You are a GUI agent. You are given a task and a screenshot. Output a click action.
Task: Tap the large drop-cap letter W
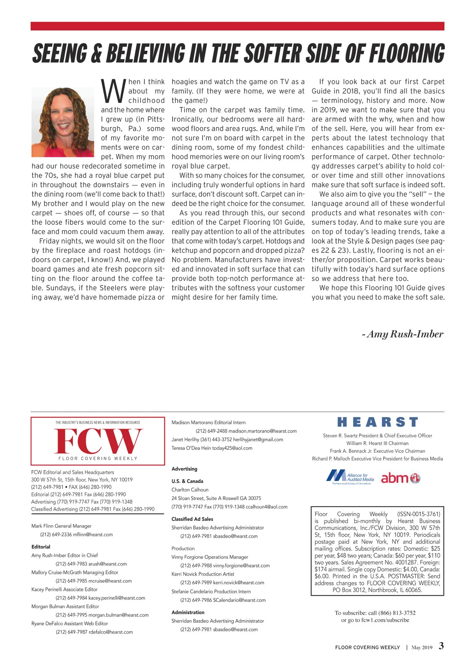click(113, 91)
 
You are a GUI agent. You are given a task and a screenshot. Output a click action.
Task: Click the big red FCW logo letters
click(98, 441)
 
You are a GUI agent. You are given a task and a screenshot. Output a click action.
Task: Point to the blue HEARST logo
click(378, 422)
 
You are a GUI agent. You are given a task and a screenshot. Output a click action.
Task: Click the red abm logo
click(400, 478)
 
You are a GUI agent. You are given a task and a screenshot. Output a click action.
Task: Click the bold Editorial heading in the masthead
click(41, 547)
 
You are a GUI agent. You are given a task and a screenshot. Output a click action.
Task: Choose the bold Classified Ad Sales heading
click(192, 519)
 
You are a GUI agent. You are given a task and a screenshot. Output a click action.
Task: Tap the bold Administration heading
click(188, 612)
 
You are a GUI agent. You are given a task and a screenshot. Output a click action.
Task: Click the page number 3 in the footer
click(441, 646)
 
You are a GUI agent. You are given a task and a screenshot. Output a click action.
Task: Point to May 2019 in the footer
click(422, 648)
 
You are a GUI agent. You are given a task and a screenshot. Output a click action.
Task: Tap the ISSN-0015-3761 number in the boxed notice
click(419, 514)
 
